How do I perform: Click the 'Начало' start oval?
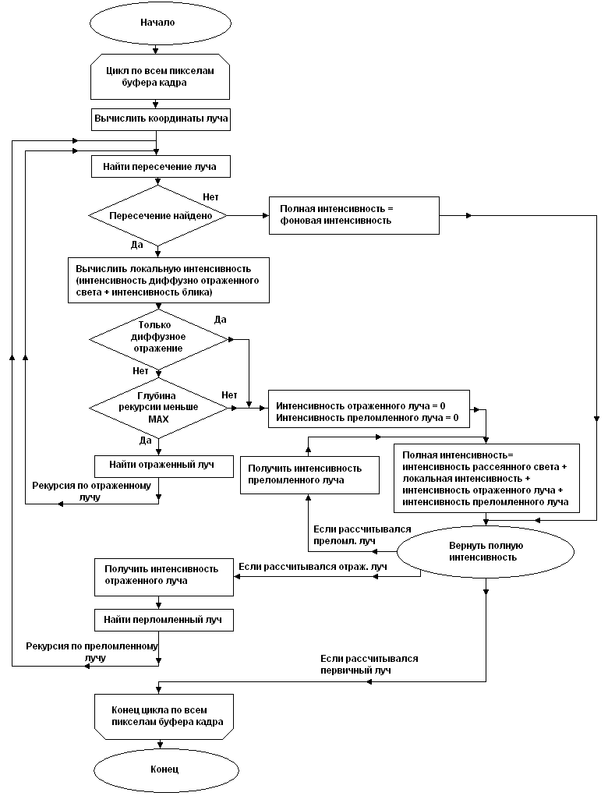[x=158, y=23]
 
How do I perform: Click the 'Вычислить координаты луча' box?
[x=162, y=120]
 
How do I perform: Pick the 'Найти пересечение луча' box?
[x=162, y=167]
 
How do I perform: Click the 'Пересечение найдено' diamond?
[x=158, y=215]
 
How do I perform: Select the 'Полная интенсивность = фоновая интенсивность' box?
[x=354, y=214]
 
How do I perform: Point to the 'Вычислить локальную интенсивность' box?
[x=168, y=279]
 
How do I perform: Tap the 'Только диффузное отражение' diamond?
[x=159, y=337]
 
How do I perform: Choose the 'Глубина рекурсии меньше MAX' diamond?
[x=158, y=407]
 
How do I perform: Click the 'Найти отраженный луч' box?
[x=164, y=465]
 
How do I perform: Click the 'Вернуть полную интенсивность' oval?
[x=486, y=551]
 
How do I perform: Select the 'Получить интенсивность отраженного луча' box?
[x=163, y=575]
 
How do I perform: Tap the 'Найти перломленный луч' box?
[x=164, y=621]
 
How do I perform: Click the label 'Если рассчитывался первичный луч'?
[x=369, y=664]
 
